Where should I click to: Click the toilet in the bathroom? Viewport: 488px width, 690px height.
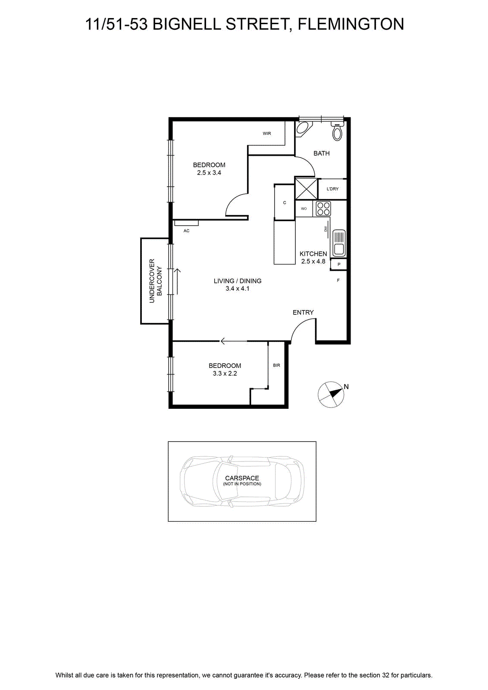[337, 131]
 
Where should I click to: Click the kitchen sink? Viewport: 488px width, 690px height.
[339, 243]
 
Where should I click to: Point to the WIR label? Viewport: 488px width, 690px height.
[266, 133]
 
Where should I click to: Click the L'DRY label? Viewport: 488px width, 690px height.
[332, 189]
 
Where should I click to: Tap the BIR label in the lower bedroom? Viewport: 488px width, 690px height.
[276, 365]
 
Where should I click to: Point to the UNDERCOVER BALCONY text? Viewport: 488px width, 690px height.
[156, 281]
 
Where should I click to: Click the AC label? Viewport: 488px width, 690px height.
[186, 231]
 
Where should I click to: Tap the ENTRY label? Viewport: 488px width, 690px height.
[303, 312]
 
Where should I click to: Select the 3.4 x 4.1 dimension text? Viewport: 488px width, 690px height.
[238, 289]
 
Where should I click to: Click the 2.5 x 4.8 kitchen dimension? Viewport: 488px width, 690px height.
[313, 261]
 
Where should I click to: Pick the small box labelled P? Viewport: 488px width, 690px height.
[338, 264]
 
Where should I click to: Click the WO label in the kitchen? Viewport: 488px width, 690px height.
[304, 209]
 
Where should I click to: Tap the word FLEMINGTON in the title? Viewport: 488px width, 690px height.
[351, 24]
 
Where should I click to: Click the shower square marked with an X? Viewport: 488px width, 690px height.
[306, 188]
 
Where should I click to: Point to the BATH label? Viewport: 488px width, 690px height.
[322, 153]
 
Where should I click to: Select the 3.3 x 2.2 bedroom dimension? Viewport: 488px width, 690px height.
[225, 373]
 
